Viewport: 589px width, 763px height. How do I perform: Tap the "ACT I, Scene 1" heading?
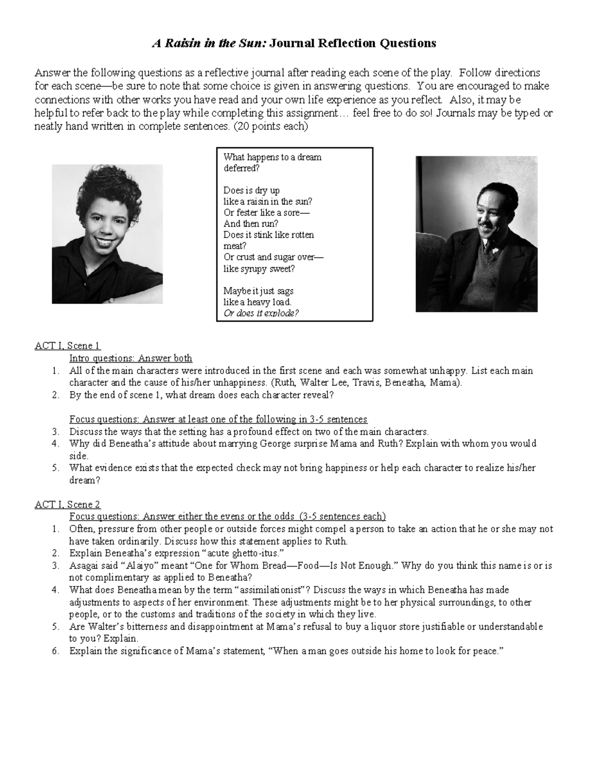pyautogui.click(x=67, y=346)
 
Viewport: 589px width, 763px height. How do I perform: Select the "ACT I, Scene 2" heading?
pyautogui.click(x=67, y=505)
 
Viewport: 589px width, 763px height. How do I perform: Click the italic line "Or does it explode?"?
pyautogui.click(x=261, y=313)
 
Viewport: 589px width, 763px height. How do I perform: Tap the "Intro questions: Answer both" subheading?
pyautogui.click(x=131, y=358)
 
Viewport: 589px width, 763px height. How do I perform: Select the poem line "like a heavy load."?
pyautogui.click(x=257, y=302)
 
